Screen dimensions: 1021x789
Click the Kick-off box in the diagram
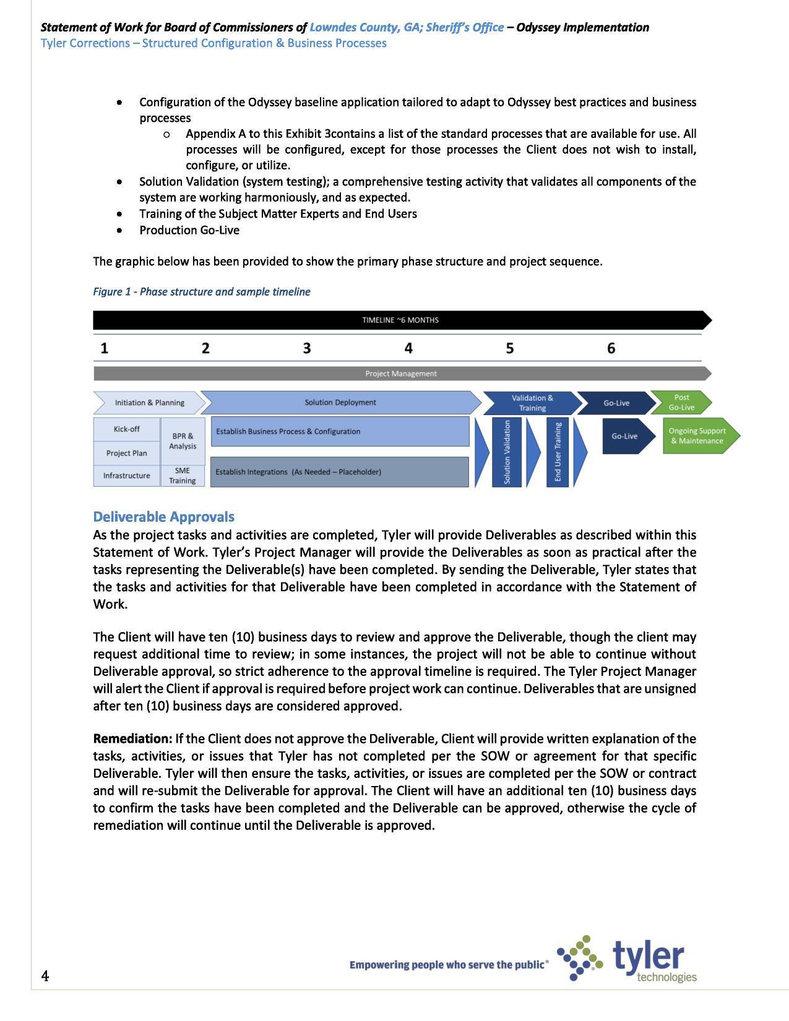[126, 429]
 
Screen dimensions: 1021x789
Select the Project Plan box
[126, 453]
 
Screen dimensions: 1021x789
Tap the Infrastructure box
[126, 476]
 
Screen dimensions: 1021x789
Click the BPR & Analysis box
[183, 441]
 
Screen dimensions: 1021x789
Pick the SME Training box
[183, 476]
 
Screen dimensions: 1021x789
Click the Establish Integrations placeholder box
[339, 472]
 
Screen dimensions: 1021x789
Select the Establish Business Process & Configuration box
[339, 432]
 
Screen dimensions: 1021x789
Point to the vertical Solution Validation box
[507, 452]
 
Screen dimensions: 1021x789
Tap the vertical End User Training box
[558, 452]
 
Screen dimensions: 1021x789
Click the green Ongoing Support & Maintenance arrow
[698, 436]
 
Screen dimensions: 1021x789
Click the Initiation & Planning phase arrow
[149, 403]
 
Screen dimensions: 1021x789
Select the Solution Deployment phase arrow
[340, 403]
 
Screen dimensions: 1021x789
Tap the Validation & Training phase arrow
[532, 403]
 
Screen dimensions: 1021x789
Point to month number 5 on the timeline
[509, 348]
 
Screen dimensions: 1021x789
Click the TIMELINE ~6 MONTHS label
[400, 320]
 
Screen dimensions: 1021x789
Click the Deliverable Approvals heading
[163, 516]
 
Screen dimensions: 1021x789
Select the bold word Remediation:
[132, 739]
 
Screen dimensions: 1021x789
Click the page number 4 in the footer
[45, 976]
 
